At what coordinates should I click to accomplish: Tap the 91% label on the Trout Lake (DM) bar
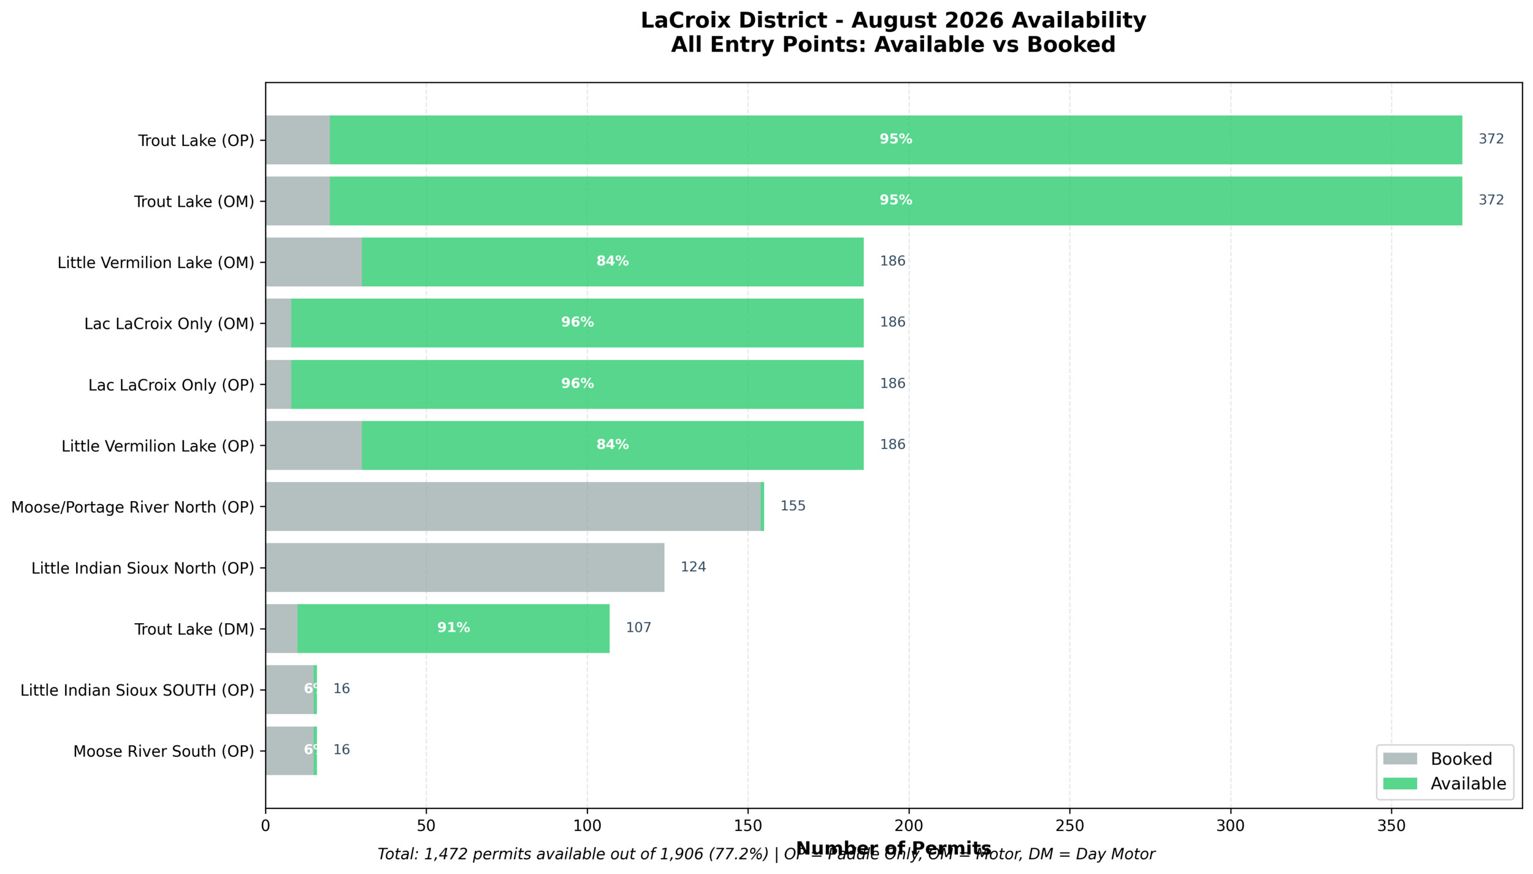(453, 628)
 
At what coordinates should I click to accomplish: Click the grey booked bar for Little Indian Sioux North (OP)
(465, 567)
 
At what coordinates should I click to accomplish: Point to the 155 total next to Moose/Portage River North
(792, 506)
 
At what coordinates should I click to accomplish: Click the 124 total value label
(693, 567)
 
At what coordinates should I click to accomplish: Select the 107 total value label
(638, 628)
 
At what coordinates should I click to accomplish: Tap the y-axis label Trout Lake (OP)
(196, 140)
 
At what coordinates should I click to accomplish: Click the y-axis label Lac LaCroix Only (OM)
(169, 324)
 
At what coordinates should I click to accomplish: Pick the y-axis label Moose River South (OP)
(164, 751)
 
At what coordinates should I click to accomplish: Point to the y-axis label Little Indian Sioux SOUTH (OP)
(137, 691)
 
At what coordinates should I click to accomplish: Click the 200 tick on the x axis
(909, 826)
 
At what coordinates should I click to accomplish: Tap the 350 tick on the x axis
(1391, 826)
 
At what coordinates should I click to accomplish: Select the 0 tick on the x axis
(266, 826)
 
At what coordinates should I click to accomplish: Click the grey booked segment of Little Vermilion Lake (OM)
(313, 262)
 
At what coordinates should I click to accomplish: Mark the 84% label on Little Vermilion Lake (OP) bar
(613, 445)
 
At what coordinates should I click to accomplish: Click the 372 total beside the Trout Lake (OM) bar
(1491, 201)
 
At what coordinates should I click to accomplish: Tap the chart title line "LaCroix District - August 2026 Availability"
(893, 20)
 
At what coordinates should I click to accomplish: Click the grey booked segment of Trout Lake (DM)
(281, 628)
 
